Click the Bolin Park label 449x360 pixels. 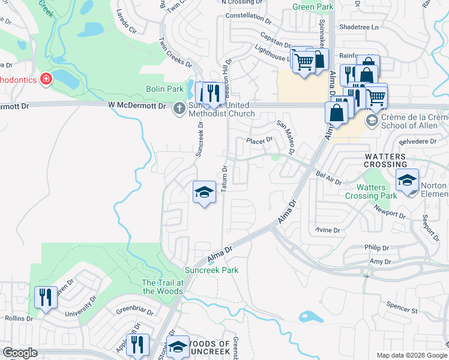165,89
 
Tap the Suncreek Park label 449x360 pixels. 211,270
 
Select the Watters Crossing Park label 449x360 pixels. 371,192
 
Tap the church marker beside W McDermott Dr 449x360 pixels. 178,109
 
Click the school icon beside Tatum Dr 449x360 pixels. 204,193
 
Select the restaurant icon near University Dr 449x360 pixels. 46,298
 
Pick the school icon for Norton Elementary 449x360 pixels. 408,181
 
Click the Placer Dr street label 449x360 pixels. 260,140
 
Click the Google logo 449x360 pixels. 20,353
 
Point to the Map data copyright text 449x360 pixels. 411,355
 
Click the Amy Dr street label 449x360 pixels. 380,262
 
